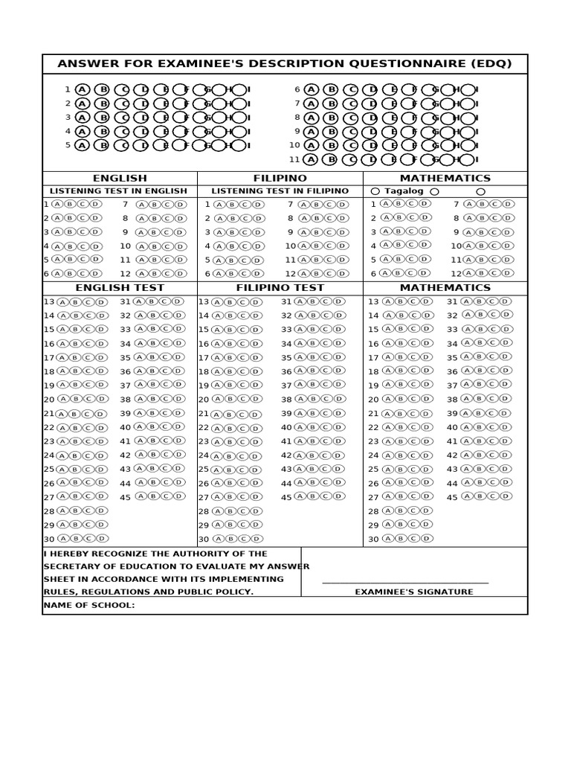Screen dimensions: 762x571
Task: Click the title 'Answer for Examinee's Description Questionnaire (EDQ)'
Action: pos(285,64)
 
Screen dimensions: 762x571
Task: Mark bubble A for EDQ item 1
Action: pos(82,89)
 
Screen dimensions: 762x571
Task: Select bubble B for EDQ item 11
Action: pos(332,159)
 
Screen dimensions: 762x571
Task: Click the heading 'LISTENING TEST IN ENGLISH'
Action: pos(118,191)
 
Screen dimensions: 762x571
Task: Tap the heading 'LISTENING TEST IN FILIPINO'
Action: pos(280,191)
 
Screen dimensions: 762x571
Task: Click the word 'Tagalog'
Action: pos(404,191)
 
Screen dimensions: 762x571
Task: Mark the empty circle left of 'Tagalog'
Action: pos(375,191)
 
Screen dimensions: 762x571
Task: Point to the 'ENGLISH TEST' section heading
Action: pos(120,287)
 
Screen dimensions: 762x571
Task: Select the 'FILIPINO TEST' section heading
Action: pos(280,287)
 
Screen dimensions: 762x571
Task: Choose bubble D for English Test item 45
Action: pos(178,496)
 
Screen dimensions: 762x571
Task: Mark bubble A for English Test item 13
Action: pos(62,302)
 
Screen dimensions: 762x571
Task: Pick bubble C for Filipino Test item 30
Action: pos(243,539)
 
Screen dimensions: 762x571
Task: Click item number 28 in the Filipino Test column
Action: pos(204,511)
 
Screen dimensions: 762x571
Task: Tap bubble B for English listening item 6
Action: pos(70,273)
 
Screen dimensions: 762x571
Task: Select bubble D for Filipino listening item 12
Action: pos(341,273)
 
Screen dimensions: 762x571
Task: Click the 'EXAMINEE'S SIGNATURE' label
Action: pos(413,592)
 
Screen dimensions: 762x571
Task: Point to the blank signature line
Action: pos(405,583)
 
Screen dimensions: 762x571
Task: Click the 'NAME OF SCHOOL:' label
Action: pos(89,605)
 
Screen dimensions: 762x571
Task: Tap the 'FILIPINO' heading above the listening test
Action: pos(280,179)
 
